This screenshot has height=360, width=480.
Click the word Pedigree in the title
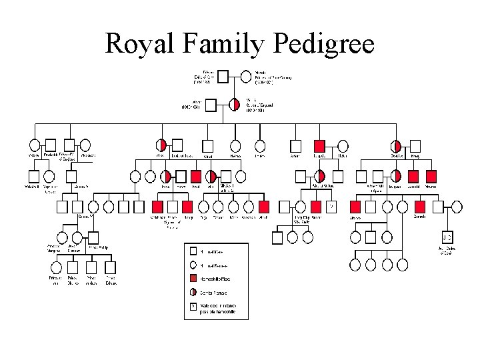[323, 44]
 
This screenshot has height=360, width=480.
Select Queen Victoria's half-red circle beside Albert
[235, 105]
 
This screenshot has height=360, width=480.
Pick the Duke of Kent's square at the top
[225, 77]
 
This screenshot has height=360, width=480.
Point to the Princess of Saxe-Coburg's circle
[244, 77]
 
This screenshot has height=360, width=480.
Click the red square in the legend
[193, 278]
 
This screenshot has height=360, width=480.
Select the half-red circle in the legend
[193, 291]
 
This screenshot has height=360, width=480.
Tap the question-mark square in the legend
[193, 307]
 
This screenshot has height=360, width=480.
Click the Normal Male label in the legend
[213, 252]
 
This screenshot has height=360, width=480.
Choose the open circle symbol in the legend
[193, 265]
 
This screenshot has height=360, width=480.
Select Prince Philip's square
[93, 237]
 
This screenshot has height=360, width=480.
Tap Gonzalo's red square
[419, 207]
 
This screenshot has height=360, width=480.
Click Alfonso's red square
[355, 207]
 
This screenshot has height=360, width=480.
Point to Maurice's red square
[431, 177]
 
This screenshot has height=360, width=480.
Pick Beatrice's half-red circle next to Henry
[397, 145]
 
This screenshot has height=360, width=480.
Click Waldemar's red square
[158, 207]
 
